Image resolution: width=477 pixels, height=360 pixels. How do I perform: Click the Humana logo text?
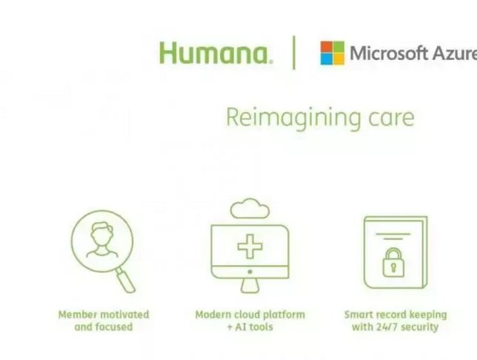click(x=215, y=53)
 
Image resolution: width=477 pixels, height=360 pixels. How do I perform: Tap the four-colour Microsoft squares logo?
click(x=332, y=53)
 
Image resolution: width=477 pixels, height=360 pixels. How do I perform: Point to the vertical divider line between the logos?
click(x=294, y=53)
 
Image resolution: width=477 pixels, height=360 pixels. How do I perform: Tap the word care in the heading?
click(x=391, y=117)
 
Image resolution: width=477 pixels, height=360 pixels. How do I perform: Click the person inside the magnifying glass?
click(x=101, y=240)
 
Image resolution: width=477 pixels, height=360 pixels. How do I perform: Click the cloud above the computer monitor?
click(x=250, y=209)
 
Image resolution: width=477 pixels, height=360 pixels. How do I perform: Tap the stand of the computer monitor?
click(x=250, y=284)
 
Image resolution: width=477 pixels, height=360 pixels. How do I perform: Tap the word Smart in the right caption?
click(x=360, y=314)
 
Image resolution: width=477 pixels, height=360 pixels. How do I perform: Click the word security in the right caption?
click(x=420, y=327)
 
